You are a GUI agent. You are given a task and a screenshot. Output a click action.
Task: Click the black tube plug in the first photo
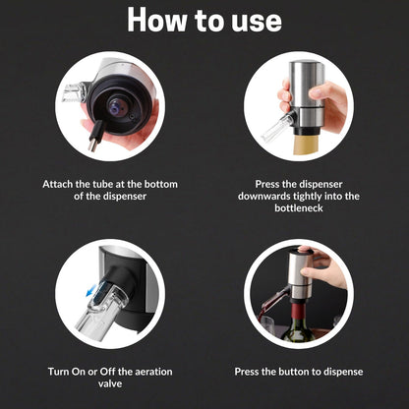coord(93,139)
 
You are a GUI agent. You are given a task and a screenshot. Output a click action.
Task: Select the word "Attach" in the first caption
coord(60,183)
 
